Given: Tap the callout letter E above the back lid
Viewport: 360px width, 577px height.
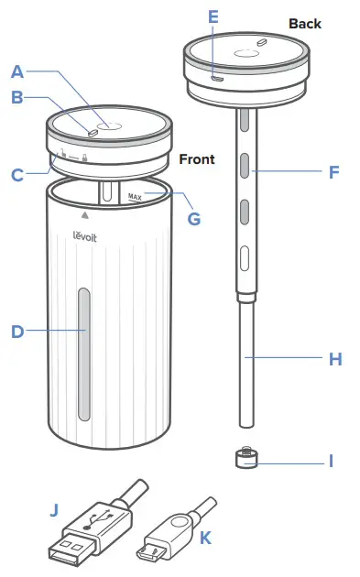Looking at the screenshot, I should [213, 16].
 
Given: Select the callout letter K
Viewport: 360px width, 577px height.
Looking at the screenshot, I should [204, 538].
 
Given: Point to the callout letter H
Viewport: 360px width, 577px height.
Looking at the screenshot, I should [334, 359].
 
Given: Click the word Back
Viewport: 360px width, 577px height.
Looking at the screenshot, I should [305, 23].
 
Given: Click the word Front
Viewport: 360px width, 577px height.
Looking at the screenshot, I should [196, 158].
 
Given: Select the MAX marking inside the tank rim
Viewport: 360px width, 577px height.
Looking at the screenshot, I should [136, 196].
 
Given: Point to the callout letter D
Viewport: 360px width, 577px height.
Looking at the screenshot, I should [17, 332].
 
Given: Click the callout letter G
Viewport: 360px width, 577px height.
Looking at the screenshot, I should [192, 219].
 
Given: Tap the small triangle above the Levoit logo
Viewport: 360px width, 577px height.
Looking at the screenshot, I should [85, 216].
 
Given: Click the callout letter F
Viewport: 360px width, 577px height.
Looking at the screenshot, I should [334, 170].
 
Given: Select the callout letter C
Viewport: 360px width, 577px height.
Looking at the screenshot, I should [17, 173].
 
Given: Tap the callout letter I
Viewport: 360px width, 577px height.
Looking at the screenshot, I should [333, 461].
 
